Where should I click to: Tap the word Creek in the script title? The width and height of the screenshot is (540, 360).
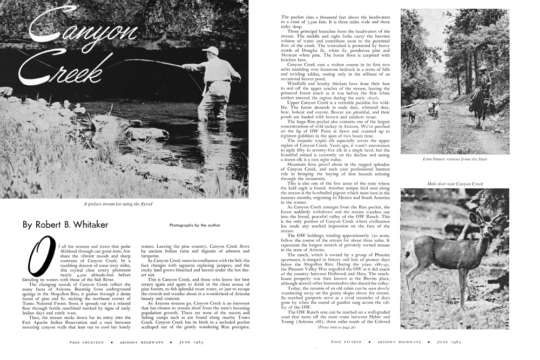[65, 70]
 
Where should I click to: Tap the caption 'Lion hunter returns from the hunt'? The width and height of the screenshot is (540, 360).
[455, 159]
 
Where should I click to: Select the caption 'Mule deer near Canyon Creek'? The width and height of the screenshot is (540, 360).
[455, 184]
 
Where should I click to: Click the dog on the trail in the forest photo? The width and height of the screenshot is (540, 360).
[411, 116]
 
